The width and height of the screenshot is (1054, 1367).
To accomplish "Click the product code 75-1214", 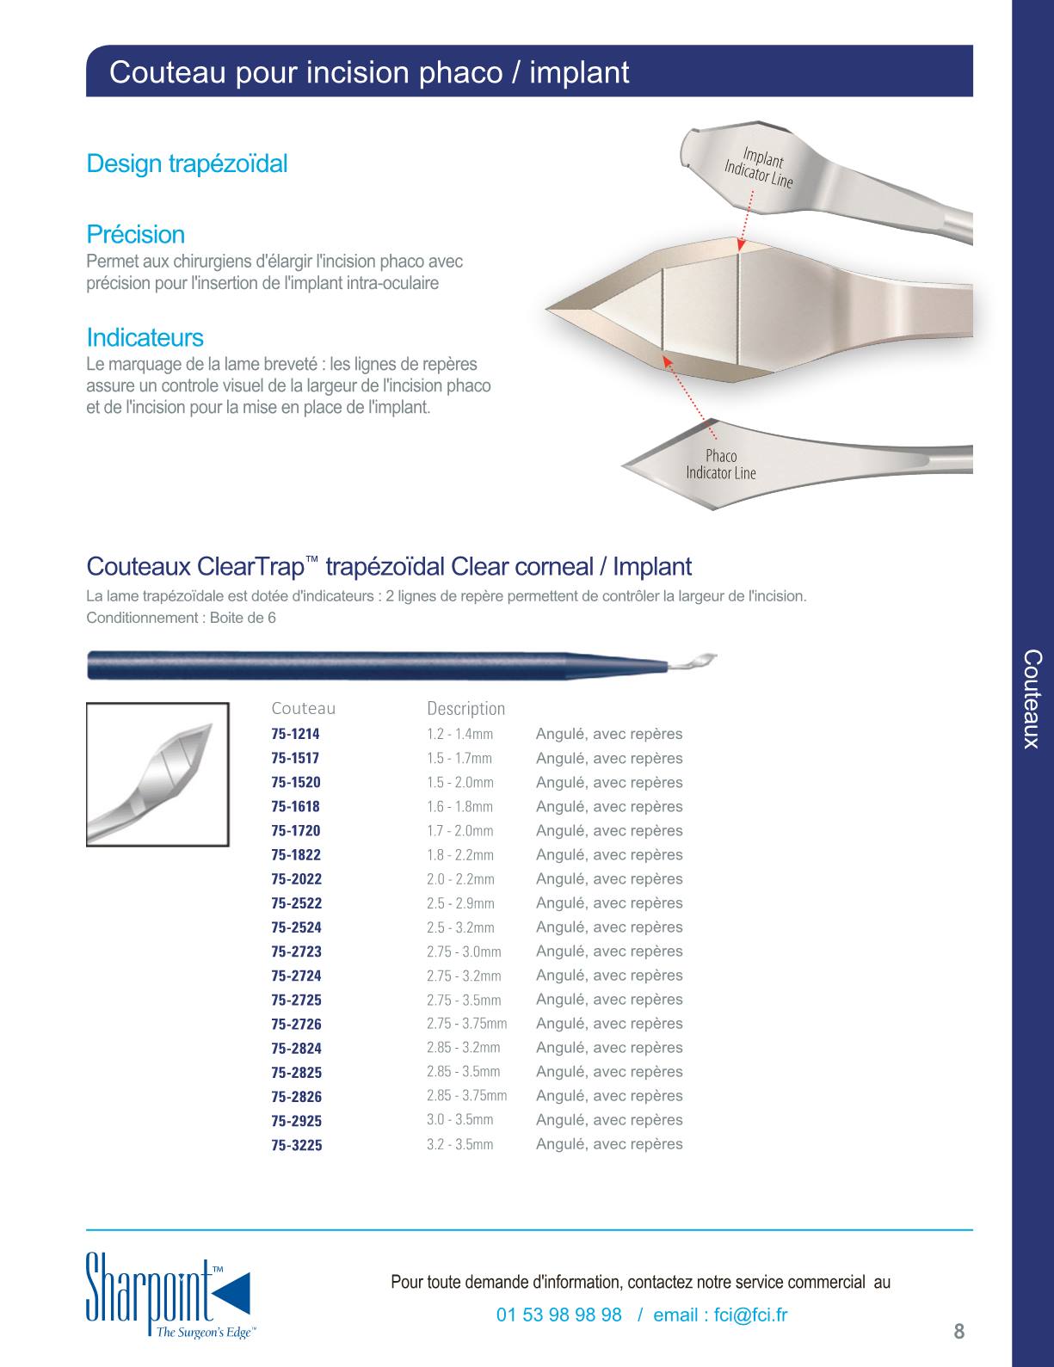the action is (x=296, y=734).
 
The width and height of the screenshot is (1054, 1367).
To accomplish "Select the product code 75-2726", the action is (x=296, y=1024).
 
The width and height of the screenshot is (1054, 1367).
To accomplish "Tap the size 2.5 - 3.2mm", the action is (x=460, y=927).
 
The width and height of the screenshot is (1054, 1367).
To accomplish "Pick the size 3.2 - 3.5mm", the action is (x=459, y=1144).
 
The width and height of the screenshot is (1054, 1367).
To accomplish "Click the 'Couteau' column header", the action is (x=303, y=708).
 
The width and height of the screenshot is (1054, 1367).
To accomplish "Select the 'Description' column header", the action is (x=466, y=709).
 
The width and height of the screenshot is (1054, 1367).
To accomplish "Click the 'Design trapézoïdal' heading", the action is (x=187, y=163).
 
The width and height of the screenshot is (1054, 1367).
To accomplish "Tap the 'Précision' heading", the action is (x=136, y=234).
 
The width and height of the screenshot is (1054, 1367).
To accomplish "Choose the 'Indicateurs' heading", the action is (x=145, y=337).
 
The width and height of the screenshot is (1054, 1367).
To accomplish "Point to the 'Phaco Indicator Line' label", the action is (x=721, y=465).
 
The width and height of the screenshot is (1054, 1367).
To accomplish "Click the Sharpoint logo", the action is (x=169, y=1296).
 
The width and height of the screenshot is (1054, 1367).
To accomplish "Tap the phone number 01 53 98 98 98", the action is (x=559, y=1315).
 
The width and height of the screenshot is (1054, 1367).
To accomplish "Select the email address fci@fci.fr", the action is (x=750, y=1315).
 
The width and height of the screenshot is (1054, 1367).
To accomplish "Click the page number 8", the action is (x=959, y=1332).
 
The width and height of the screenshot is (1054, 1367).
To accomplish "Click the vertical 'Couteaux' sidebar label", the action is (x=1032, y=699).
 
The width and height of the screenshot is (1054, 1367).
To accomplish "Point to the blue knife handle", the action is (x=378, y=666).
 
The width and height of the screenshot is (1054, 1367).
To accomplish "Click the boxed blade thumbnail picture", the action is (x=157, y=774).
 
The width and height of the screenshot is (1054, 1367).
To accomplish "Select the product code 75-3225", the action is (x=296, y=1145).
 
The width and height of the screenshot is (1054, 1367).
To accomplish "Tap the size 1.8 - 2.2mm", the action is (x=460, y=855).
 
